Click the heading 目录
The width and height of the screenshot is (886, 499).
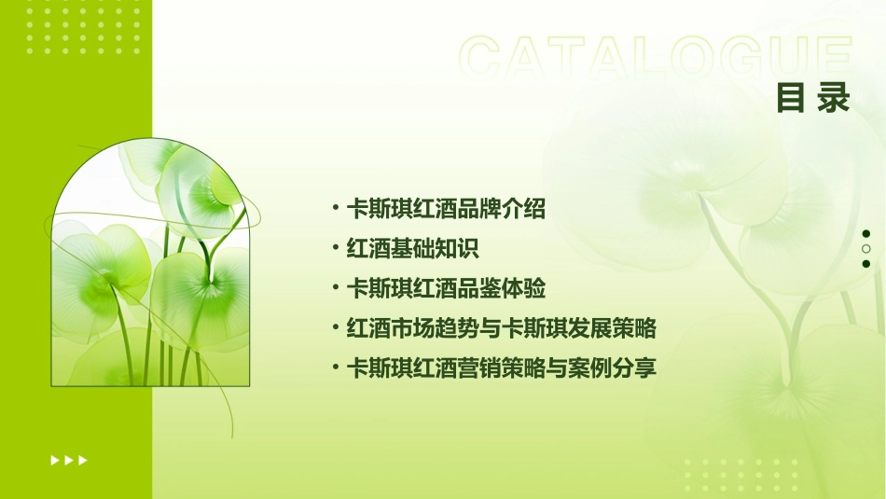(813, 97)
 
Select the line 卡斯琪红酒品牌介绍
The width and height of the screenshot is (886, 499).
(446, 210)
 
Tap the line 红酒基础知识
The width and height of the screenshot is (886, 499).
(412, 249)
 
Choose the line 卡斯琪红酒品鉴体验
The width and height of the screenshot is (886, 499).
(446, 289)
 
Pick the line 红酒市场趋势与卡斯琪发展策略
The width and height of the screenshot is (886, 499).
(502, 328)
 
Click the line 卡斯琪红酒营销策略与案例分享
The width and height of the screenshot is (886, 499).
(502, 368)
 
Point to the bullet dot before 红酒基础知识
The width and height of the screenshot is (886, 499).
(336, 248)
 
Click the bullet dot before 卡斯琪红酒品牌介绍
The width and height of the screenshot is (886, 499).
(336, 208)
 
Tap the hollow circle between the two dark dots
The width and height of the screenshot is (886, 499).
(866, 249)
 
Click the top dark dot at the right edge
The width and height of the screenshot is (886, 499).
(866, 234)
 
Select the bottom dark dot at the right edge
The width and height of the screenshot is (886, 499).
(866, 264)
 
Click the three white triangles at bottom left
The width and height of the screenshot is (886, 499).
(69, 460)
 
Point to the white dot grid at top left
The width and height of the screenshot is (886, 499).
(83, 25)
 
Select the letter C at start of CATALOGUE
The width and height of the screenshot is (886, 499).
(486, 58)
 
